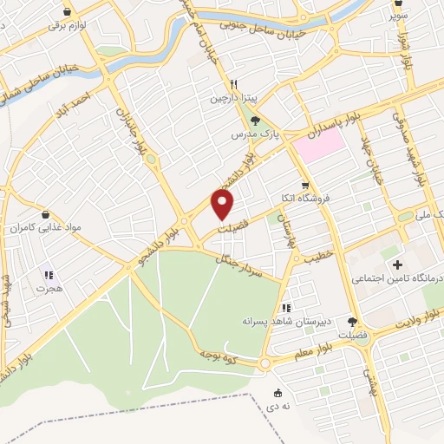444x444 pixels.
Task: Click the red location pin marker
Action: point(224,206)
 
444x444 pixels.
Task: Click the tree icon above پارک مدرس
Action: point(255,122)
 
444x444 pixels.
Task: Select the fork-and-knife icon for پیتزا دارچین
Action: point(233,84)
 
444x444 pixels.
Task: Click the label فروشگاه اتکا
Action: point(304,199)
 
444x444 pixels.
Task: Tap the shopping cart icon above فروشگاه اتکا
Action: point(304,185)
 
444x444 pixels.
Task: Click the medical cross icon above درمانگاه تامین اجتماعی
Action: point(398,264)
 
